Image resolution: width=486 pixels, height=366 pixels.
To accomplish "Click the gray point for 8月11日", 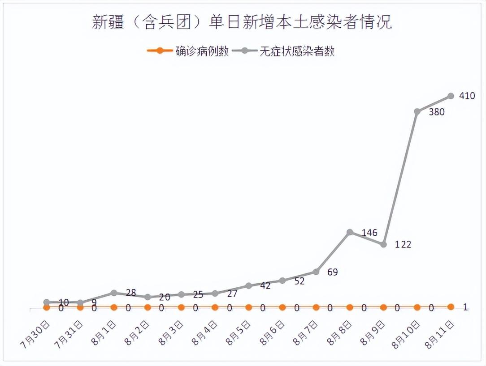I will tap(451, 96).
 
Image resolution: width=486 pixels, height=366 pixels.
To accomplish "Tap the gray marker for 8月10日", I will tap(417, 111).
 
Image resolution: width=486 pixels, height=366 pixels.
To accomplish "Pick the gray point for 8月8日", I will tap(350, 232).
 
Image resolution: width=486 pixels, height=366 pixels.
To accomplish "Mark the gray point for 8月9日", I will tap(383, 244).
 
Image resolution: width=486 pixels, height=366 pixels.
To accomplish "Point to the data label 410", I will tap(467, 96).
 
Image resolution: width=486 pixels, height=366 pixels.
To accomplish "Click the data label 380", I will tap(436, 112).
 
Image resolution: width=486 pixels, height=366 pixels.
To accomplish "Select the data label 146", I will tap(369, 233).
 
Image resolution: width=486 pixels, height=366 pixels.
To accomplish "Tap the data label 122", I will tap(403, 244).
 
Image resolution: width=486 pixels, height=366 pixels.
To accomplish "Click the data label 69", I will tap(332, 272).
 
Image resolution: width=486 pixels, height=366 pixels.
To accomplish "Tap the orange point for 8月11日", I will tap(451, 307).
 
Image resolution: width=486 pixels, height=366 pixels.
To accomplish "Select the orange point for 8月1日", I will tap(114, 307).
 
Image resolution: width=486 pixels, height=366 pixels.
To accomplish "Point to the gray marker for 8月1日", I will tap(114, 293).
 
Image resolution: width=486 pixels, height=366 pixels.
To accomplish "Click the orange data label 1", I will tap(465, 307).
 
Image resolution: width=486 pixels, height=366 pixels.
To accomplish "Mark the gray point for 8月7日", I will tap(316, 272).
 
